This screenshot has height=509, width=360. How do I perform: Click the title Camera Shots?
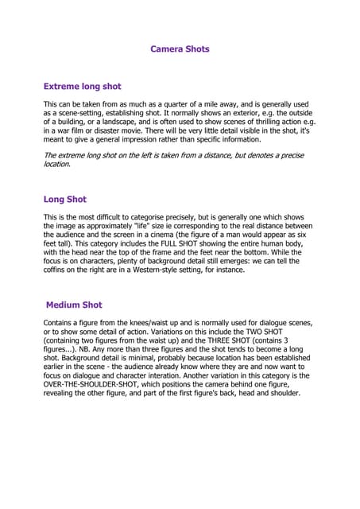click(x=180, y=49)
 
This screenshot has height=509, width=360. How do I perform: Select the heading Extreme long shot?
click(x=82, y=86)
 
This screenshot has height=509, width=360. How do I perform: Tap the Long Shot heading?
click(x=64, y=200)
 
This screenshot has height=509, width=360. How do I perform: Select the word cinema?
click(x=211, y=235)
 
